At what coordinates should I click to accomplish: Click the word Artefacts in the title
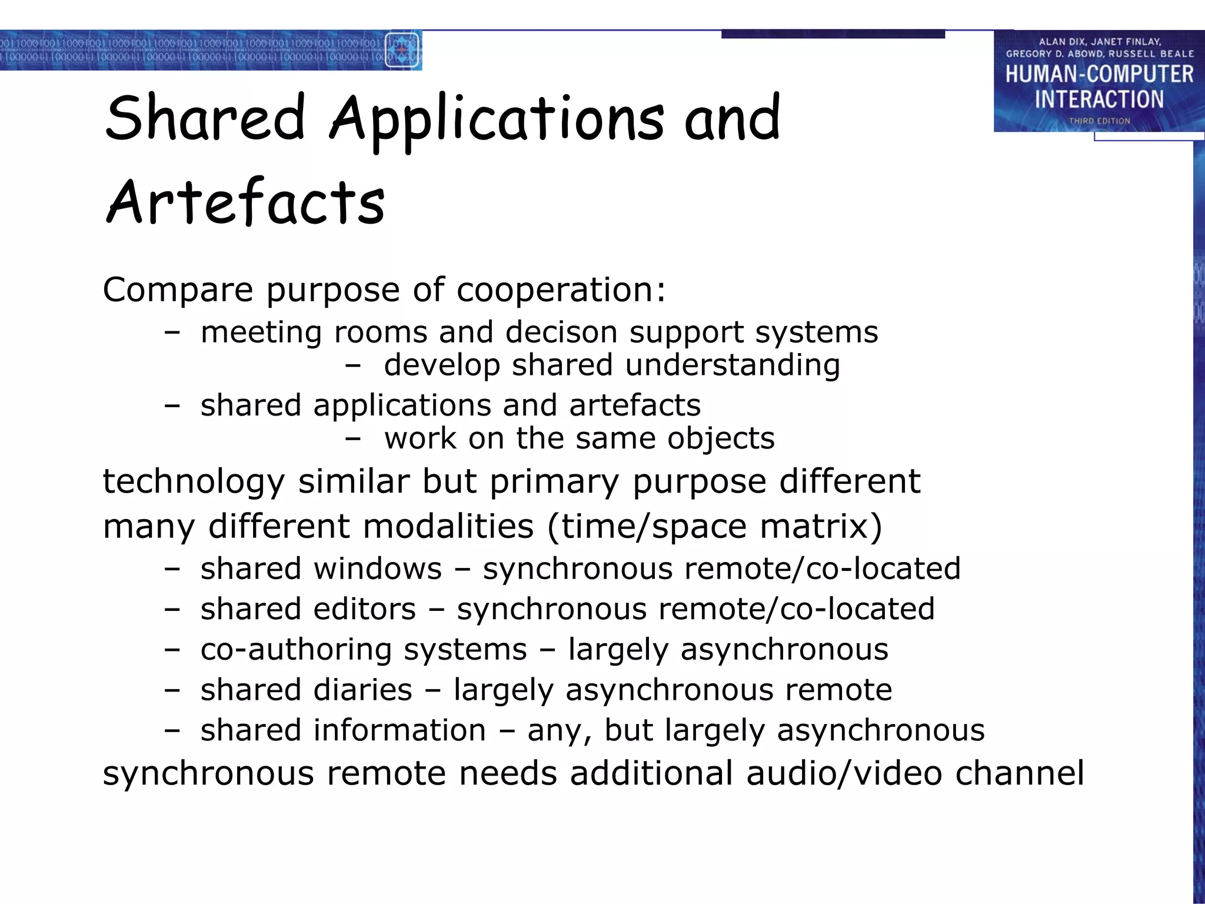[x=245, y=202]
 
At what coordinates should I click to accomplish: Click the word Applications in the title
[x=497, y=120]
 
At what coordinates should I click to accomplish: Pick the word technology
[x=194, y=482]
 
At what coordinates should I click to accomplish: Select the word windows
[x=377, y=569]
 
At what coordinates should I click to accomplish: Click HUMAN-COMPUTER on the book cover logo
[x=1099, y=74]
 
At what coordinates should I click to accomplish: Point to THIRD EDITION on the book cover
[x=1099, y=121]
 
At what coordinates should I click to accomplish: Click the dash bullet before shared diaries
[x=172, y=690]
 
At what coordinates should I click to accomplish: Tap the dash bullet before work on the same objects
[x=352, y=438]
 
